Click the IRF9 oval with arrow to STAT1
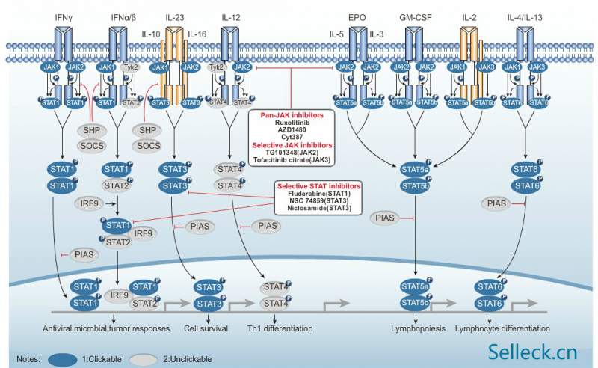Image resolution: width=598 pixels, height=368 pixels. click(x=86, y=203)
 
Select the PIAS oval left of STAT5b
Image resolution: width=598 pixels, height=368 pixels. click(x=386, y=218)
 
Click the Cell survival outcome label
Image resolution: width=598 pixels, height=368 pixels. click(x=206, y=328)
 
